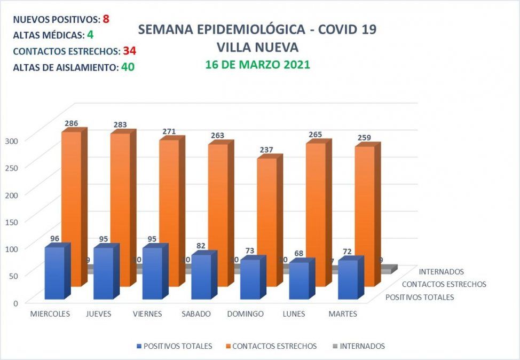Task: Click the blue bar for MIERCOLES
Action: tap(54, 273)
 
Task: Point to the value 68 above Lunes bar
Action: tap(299, 252)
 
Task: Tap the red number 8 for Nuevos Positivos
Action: tap(106, 19)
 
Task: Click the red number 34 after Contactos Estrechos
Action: tap(129, 51)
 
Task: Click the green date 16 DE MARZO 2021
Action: tap(258, 65)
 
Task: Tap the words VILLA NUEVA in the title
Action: tap(257, 47)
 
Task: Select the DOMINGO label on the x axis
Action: tap(245, 314)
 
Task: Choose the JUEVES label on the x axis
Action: tap(98, 314)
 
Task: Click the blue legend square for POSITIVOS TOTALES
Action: tap(139, 346)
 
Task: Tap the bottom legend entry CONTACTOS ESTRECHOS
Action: tap(274, 346)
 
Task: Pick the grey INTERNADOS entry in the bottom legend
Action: tap(358, 346)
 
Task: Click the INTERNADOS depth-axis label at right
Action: tap(441, 272)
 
